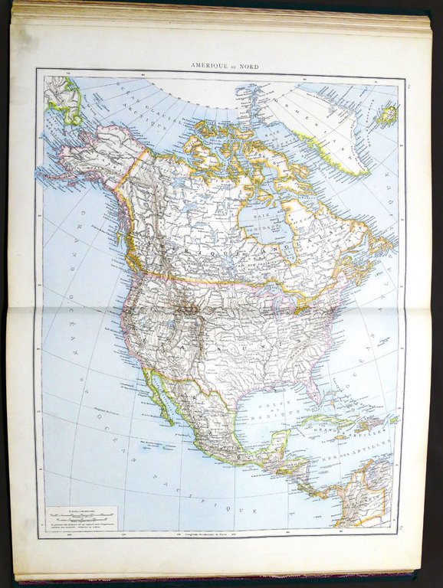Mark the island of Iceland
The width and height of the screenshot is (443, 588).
click(386, 116)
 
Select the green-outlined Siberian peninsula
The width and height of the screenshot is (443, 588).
click(65, 100)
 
